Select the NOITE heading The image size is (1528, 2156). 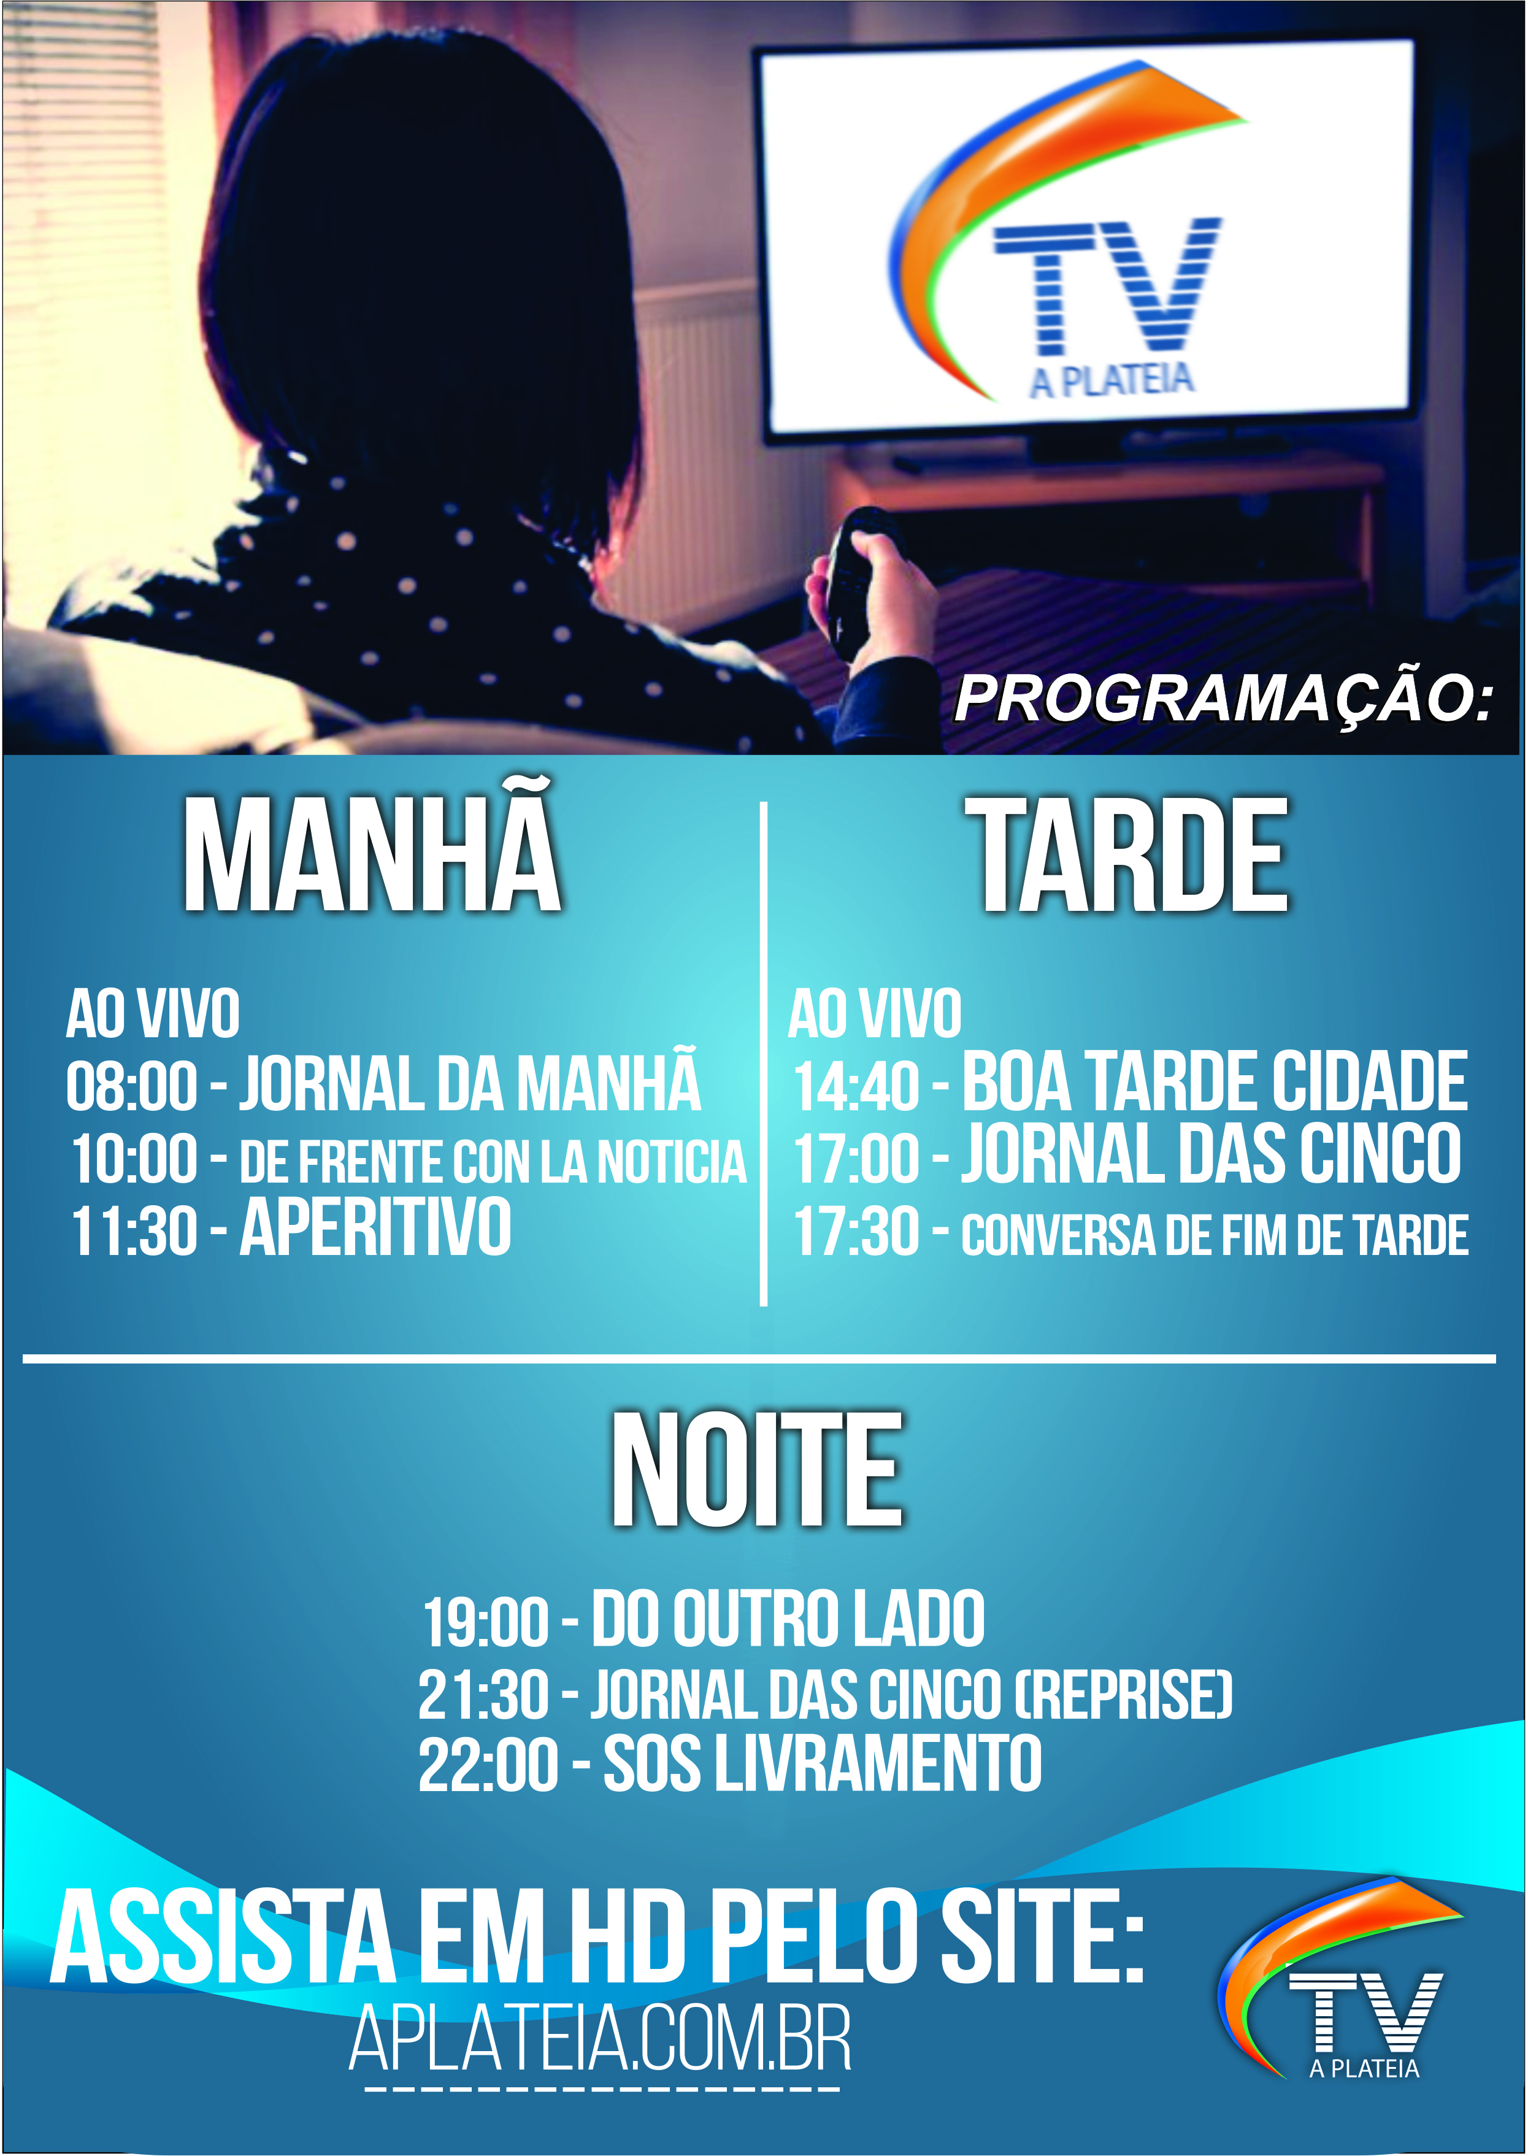point(758,1471)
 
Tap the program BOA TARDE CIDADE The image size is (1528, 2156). point(1215,1082)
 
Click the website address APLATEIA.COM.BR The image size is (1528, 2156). point(601,2038)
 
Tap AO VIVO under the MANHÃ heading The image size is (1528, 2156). point(152,1014)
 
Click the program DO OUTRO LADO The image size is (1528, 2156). point(788,1618)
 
